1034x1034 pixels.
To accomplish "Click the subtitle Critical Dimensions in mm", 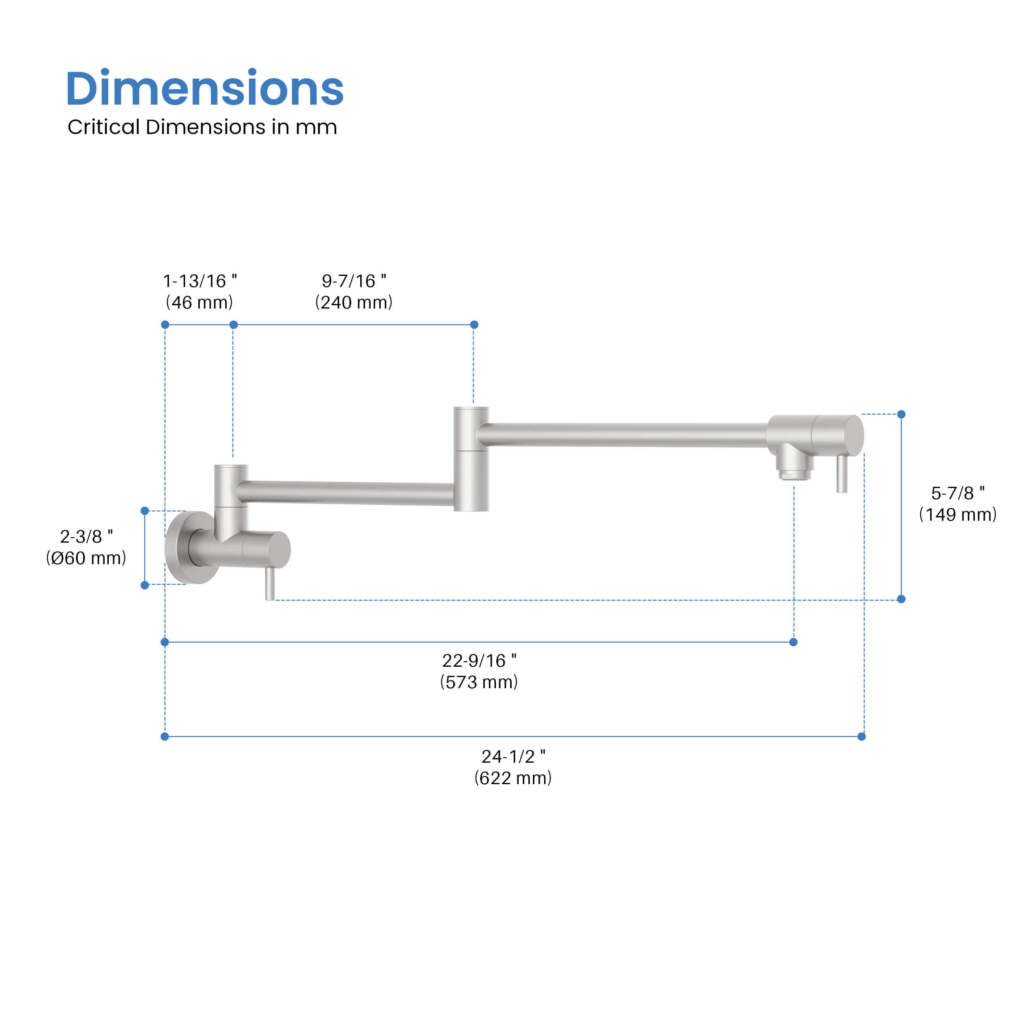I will pos(202,127).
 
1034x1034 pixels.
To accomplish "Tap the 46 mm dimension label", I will pos(199,302).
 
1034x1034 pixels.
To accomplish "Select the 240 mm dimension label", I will pos(353,302).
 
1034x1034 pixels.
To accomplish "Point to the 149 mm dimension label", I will pos(957,515).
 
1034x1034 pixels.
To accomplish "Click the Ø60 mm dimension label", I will pos(86,558).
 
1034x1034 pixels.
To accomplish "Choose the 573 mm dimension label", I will pos(479,682).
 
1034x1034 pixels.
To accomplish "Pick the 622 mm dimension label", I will pos(513,778).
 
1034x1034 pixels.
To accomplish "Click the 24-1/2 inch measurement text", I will pos(513,756).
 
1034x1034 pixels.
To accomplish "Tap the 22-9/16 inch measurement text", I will pos(479,661).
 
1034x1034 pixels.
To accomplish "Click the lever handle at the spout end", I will pos(842,473).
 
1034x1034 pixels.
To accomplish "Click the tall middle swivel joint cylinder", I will pos(471,459).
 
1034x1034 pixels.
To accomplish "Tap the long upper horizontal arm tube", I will pos(621,435).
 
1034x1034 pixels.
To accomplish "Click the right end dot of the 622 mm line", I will pos(861,737).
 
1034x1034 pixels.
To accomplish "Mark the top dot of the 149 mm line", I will pos(901,414).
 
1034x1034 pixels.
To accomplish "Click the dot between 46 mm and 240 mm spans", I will pos(233,325).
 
